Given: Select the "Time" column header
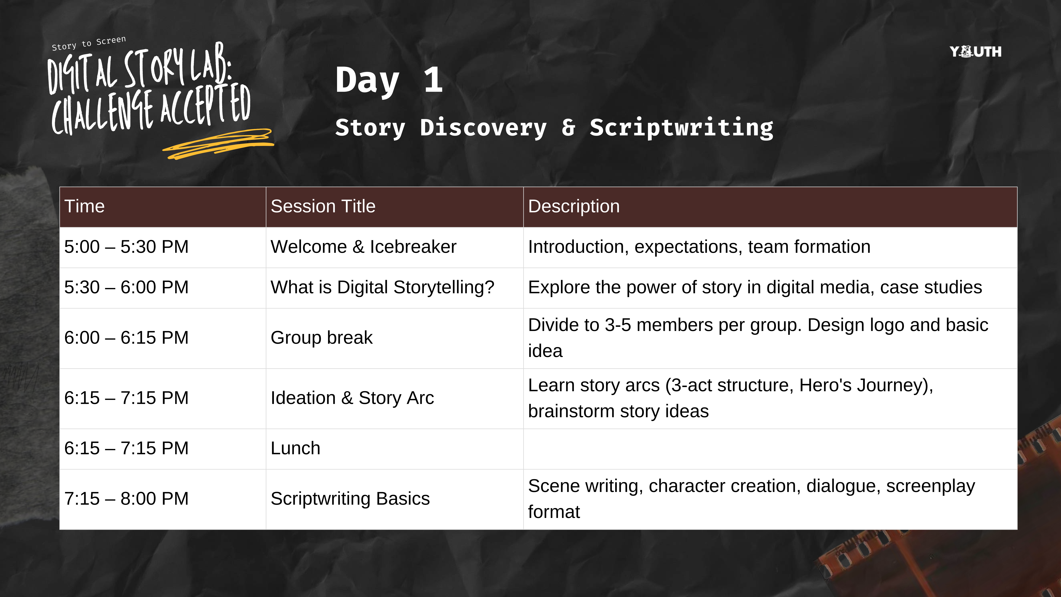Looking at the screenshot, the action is point(84,206).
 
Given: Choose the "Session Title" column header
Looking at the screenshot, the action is point(323,206).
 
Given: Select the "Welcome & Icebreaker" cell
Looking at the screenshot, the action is point(363,247).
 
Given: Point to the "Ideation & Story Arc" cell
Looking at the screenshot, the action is point(352,398).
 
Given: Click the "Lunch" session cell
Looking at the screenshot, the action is point(295,448).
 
